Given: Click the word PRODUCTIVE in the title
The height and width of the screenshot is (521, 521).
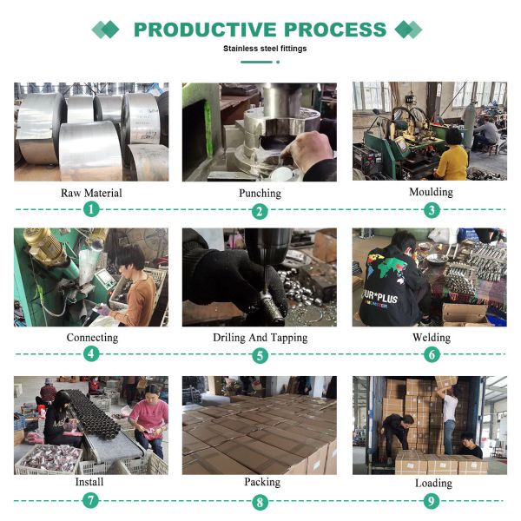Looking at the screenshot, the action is click(205, 30).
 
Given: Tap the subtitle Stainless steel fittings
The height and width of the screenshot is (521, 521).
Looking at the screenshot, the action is click(265, 49).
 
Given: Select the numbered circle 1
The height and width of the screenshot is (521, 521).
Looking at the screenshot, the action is click(91, 209).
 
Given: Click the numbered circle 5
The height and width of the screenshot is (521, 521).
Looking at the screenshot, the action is click(260, 355).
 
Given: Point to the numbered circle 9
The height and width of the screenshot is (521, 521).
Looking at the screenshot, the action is click(432, 501).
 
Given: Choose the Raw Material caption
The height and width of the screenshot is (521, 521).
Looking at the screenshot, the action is click(91, 193).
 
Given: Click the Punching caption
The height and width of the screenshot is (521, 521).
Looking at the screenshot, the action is click(260, 194).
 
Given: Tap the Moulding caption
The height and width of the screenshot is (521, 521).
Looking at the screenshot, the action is click(431, 192).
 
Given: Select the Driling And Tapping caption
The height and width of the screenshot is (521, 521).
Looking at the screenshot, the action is click(260, 338).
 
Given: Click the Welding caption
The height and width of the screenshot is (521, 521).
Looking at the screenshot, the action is click(432, 338).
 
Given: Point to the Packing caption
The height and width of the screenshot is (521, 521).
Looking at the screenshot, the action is click(262, 482).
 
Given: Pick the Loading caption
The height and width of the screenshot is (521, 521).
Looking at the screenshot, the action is click(433, 484).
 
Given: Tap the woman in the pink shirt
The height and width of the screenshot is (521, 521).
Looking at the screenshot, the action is click(149, 420).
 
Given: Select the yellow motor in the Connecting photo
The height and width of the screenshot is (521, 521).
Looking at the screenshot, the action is click(44, 246).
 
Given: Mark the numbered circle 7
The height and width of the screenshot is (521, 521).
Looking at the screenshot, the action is click(90, 500).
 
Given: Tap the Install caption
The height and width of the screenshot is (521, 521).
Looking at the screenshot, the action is click(89, 482).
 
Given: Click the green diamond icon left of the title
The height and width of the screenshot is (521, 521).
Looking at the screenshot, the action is click(105, 30).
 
